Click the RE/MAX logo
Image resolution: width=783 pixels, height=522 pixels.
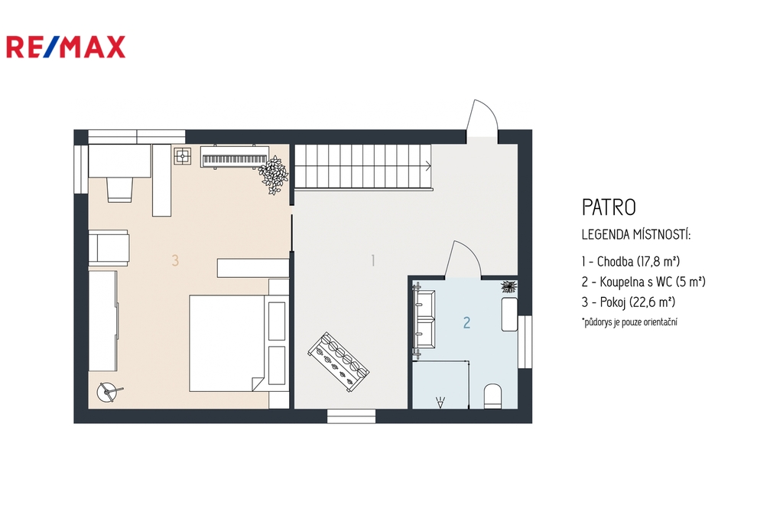[66, 47]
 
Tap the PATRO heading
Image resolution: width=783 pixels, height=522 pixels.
[609, 207]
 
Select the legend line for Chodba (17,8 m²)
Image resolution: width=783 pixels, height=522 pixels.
[631, 261]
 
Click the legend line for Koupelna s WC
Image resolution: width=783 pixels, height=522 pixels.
[643, 282]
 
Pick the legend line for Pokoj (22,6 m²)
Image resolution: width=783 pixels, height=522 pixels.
[629, 302]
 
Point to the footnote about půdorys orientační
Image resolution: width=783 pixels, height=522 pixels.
[630, 322]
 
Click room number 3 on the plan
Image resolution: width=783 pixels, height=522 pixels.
[175, 260]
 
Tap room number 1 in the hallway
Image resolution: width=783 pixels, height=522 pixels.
[372, 260]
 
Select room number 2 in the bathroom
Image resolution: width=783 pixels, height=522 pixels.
[466, 322]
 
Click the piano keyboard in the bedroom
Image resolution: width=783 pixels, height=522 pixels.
[235, 156]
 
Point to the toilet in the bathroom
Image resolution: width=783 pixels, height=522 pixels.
[493, 396]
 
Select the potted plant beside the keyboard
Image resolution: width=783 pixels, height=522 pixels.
[273, 175]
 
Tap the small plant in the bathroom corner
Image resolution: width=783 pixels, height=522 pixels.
[508, 286]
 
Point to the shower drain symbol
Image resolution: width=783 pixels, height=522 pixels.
[440, 402]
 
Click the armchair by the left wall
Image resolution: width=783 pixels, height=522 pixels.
[109, 247]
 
